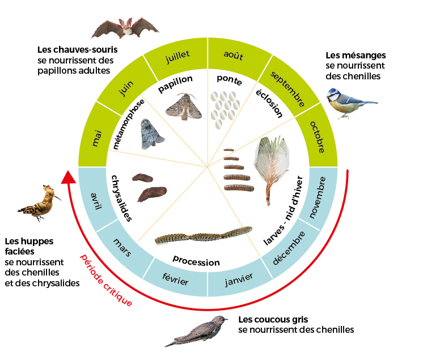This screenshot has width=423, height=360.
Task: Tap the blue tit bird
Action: click(x=346, y=103)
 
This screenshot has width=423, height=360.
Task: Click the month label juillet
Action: click(x=176, y=56)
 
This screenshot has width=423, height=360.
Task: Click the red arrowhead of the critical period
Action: click(x=69, y=177)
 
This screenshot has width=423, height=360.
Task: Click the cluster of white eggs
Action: click(x=225, y=105)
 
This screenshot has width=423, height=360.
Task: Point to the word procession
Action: click(x=196, y=262)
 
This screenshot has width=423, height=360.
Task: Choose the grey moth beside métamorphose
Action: click(x=152, y=134)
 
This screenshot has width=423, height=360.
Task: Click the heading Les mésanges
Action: click(x=356, y=56)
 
